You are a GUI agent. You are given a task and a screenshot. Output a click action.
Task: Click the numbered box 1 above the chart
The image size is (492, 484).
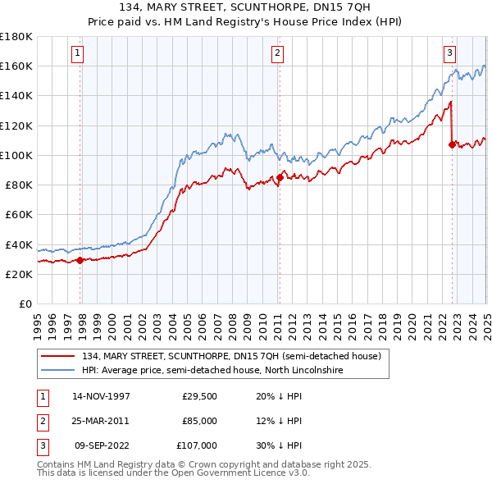tap(76, 53)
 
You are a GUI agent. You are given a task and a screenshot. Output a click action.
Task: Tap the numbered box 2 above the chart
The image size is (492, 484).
tap(278, 53)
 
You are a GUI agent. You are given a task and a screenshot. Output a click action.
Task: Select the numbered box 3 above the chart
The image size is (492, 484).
tap(450, 53)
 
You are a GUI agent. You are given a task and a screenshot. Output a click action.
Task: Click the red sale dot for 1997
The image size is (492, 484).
tap(80, 260)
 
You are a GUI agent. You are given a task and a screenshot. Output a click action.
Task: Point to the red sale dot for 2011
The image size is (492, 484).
tap(280, 177)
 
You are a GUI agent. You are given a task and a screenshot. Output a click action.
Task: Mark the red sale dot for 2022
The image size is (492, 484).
tap(452, 144)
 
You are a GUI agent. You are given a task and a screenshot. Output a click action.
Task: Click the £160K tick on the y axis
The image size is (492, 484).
tap(16, 66)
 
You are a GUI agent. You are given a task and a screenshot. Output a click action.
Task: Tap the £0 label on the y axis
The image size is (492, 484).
tap(25, 304)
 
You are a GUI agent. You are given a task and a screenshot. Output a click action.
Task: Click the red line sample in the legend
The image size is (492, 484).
tap(58, 357)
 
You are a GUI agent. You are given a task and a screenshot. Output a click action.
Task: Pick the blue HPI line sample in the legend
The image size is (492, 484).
tap(58, 370)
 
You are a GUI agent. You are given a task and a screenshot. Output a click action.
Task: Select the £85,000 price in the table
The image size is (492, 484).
tap(199, 421)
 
